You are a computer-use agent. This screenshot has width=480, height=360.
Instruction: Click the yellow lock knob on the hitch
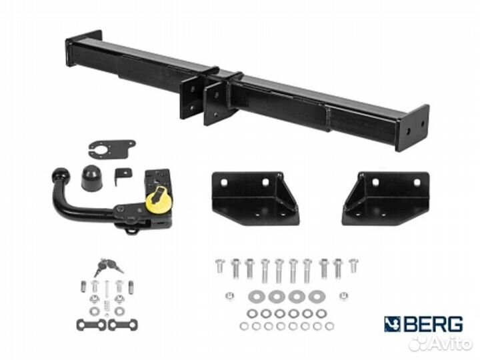(x=159, y=200)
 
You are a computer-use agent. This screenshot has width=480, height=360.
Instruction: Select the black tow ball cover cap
(x=91, y=178)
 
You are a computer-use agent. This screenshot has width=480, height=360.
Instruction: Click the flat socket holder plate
(x=112, y=149)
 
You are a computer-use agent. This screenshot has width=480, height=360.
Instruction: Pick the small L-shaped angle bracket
(x=123, y=175)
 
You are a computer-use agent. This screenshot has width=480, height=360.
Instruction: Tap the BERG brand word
(x=434, y=325)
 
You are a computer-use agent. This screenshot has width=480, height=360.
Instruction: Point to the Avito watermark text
(x=450, y=344)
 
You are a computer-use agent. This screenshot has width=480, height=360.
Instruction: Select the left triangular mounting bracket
(x=255, y=198)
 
